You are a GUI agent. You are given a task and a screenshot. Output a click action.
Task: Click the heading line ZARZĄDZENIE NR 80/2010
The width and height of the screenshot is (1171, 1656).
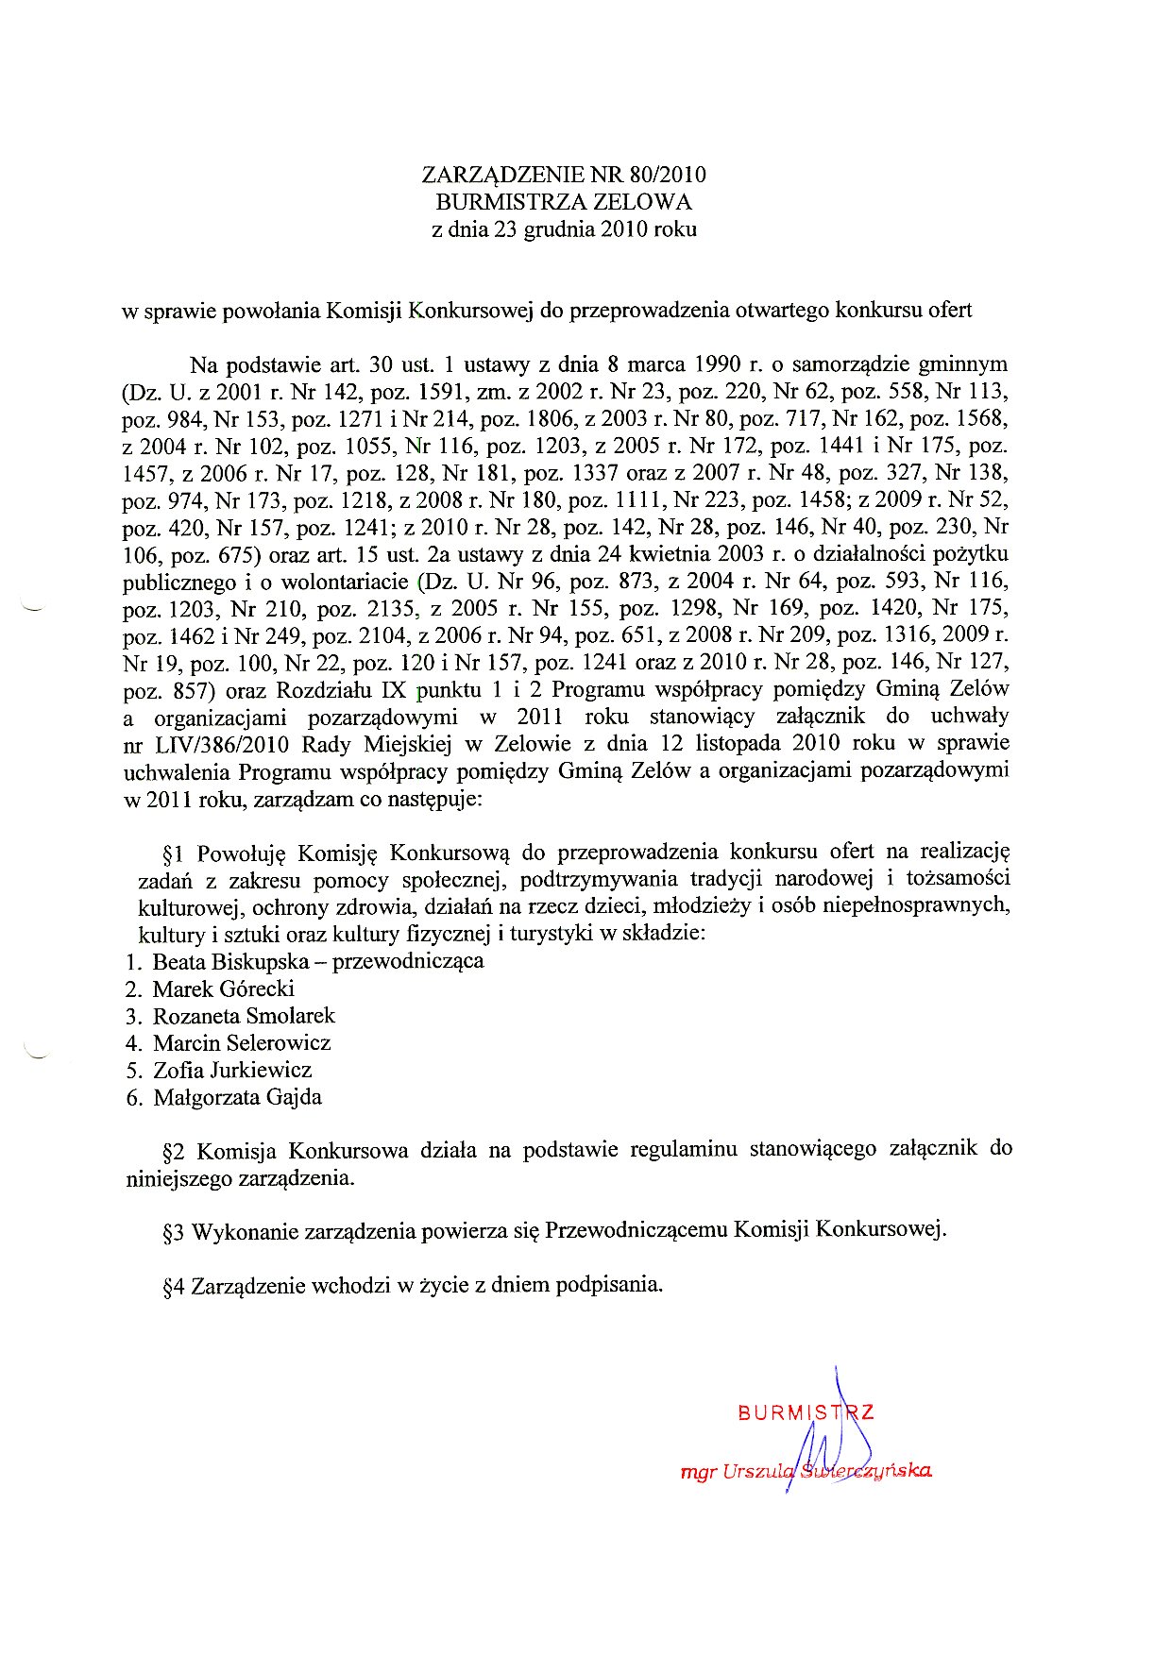[x=564, y=175]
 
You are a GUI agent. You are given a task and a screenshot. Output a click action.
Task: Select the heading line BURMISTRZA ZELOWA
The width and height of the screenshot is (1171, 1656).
[x=564, y=202]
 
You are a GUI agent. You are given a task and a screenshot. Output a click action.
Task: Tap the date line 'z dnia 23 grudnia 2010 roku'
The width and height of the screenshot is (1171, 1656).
[x=564, y=229]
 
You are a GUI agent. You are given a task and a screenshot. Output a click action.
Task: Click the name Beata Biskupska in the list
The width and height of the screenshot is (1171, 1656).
[x=230, y=962]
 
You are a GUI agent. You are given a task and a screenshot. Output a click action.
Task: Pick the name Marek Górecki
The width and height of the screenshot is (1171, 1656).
[x=223, y=989]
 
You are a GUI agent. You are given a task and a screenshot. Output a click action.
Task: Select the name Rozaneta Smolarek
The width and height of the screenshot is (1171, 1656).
[x=244, y=1016]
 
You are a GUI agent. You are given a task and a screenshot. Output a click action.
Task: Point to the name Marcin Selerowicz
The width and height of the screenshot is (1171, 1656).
[x=242, y=1043]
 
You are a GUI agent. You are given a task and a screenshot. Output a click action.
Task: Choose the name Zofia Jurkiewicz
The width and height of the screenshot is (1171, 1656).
[x=232, y=1071]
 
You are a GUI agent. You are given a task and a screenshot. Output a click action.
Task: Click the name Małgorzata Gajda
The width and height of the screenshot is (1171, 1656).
[x=237, y=1098]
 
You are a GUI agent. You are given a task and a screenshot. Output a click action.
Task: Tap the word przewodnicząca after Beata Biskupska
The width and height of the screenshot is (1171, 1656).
[x=408, y=962]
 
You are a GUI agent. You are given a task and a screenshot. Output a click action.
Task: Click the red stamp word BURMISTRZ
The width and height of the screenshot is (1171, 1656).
[x=806, y=1413]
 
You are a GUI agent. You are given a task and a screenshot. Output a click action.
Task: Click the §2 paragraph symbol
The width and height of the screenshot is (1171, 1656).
[x=172, y=1152]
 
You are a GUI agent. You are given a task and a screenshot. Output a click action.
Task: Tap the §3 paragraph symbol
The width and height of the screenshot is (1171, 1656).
[x=172, y=1233]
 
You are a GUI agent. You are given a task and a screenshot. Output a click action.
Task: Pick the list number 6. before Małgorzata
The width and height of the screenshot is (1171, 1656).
[x=134, y=1098]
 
